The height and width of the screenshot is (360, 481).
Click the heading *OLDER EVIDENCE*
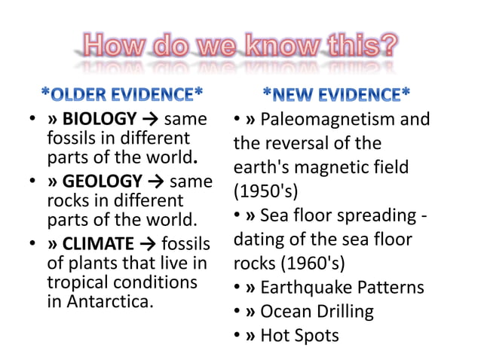121,95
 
